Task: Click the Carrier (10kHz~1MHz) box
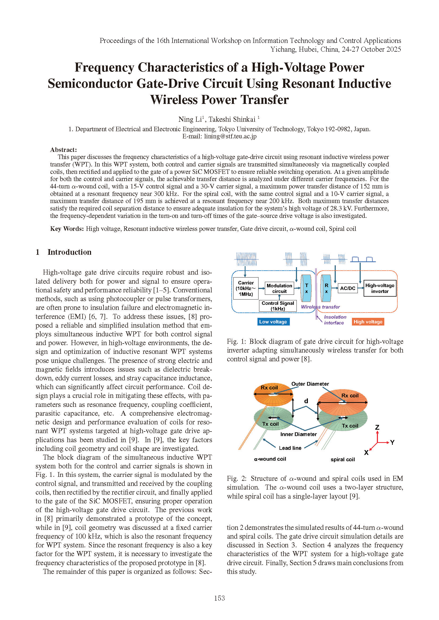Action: [x=246, y=288]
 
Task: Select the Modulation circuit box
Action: [x=279, y=288]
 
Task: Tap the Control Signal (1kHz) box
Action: [x=278, y=306]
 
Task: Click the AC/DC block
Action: [x=348, y=288]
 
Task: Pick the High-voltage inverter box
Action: [x=380, y=288]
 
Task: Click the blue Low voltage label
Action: [x=273, y=322]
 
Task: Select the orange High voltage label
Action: [x=368, y=322]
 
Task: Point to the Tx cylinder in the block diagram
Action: [x=306, y=288]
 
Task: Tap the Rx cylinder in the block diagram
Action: [x=326, y=288]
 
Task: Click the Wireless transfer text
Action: [x=320, y=307]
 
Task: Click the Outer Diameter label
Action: [x=310, y=384]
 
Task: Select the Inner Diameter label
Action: [x=298, y=434]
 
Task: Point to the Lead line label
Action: [x=290, y=448]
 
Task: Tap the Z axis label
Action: [x=377, y=427]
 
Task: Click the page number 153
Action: [x=219, y=598]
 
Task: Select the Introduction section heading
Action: [x=70, y=252]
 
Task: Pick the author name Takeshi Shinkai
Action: [x=232, y=119]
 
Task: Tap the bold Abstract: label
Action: [x=63, y=149]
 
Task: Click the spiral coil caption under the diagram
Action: [x=342, y=459]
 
